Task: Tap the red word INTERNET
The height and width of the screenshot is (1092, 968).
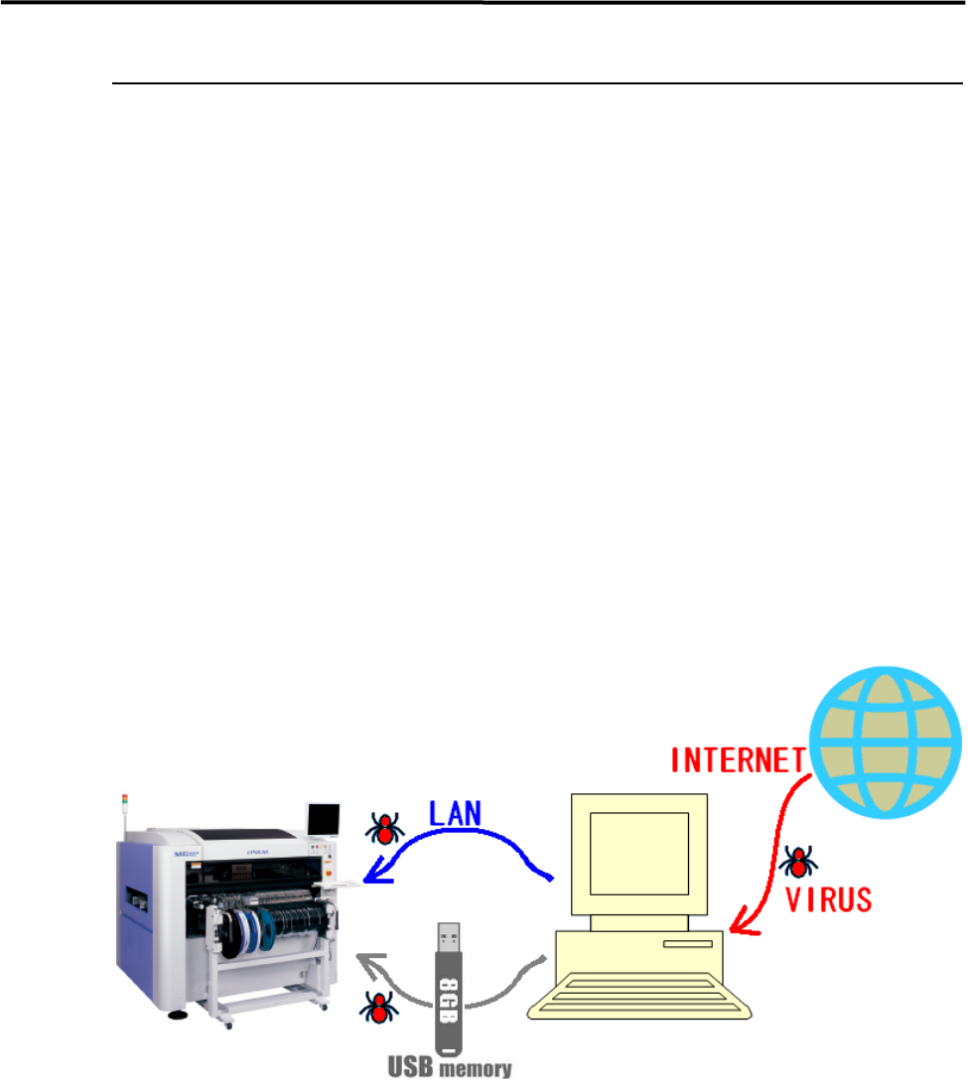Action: [737, 760]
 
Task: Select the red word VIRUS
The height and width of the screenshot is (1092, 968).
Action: [829, 899]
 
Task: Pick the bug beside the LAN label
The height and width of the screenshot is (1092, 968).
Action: [381, 826]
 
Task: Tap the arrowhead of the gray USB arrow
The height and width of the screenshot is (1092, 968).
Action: [365, 961]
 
